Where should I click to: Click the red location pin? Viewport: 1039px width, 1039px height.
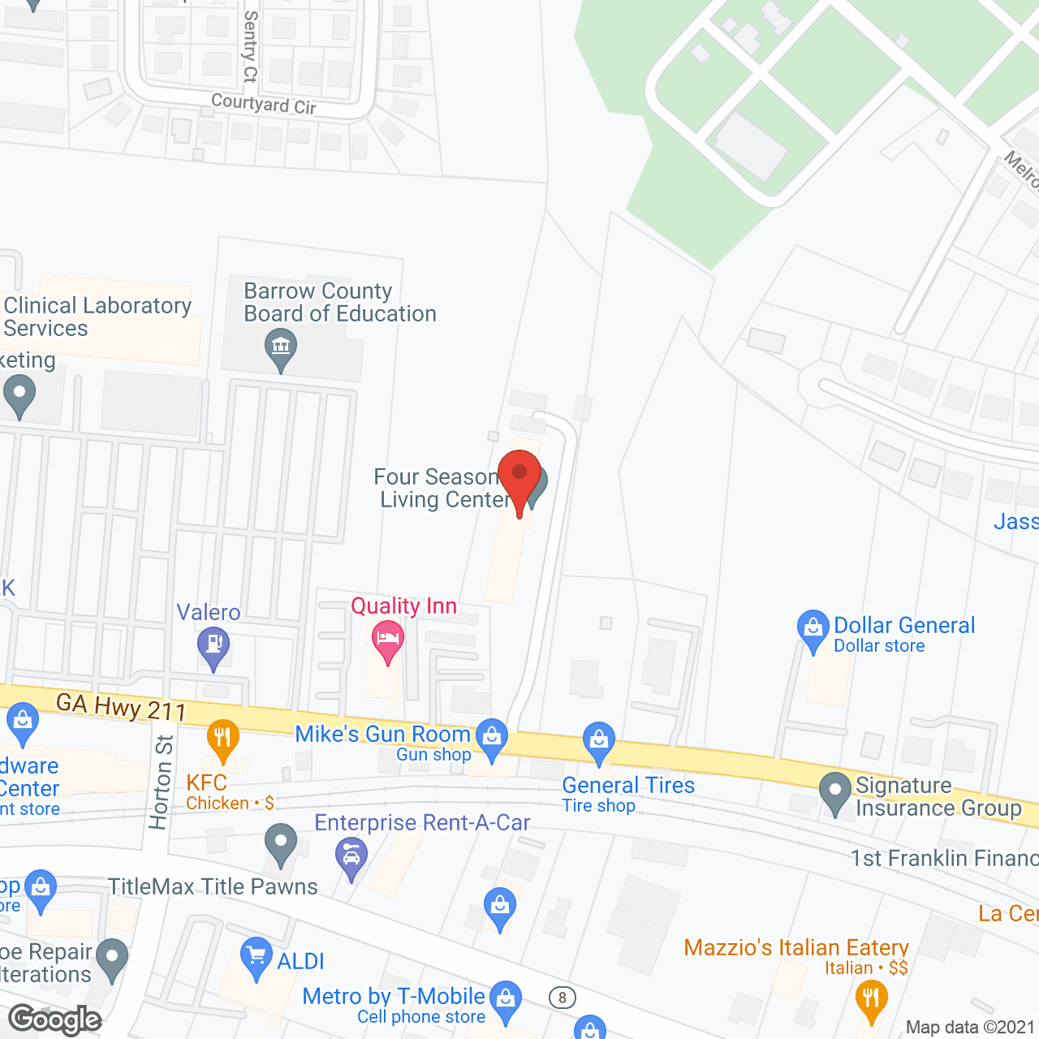pos(519,476)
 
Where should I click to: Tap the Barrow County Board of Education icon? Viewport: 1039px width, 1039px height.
pos(281,347)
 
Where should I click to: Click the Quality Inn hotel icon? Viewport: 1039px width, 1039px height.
pos(388,639)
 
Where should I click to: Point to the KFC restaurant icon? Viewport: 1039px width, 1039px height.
pos(222,737)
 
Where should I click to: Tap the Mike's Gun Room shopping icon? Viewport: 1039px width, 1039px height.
pos(491,737)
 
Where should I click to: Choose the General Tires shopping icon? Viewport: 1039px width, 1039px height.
pos(599,740)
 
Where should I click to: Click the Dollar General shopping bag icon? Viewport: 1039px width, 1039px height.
pos(813,627)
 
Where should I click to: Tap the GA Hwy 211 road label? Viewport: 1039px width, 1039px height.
pos(122,707)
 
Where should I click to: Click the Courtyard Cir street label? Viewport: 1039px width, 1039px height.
pos(264,104)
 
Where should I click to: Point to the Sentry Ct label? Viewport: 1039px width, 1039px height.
pos(251,46)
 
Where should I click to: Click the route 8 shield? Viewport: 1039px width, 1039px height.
pos(562,998)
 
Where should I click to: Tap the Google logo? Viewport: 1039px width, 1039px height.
pos(55,1020)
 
